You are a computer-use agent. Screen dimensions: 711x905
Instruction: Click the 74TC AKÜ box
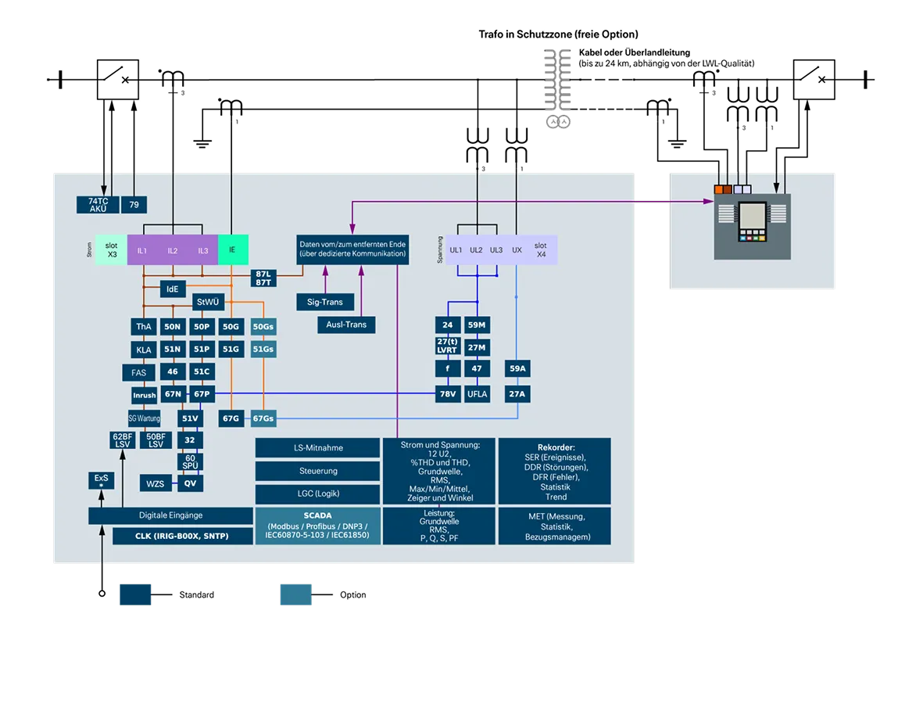[x=98, y=205]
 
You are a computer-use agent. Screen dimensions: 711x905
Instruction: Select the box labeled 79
[x=134, y=205]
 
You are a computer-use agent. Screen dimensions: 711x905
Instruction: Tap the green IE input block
[x=232, y=250]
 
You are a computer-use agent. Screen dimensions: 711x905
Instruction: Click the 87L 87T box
[x=263, y=278]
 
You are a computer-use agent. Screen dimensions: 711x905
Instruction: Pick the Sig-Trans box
[x=325, y=301]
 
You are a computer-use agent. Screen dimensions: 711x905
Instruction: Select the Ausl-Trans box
[x=346, y=324]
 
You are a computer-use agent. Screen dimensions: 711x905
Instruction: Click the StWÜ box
[x=207, y=302]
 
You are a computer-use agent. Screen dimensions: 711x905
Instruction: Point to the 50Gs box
[x=263, y=326]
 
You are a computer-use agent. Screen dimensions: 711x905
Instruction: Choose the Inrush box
[x=144, y=395]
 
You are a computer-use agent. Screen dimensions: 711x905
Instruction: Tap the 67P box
[x=202, y=394]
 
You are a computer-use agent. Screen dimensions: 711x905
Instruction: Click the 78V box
[x=447, y=394]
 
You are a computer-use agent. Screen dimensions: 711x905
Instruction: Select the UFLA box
[x=477, y=394]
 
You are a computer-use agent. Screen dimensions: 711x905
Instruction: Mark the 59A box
[x=517, y=368]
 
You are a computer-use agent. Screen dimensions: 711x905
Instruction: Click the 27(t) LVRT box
[x=447, y=347]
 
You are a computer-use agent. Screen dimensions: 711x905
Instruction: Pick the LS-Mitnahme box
[x=318, y=448]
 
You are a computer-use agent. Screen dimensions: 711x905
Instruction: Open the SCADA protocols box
[x=317, y=526]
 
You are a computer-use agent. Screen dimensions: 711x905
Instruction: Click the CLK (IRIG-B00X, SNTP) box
[x=183, y=537]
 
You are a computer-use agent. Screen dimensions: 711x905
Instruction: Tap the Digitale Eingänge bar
[x=170, y=515]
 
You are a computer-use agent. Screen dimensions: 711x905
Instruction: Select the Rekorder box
[x=555, y=471]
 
